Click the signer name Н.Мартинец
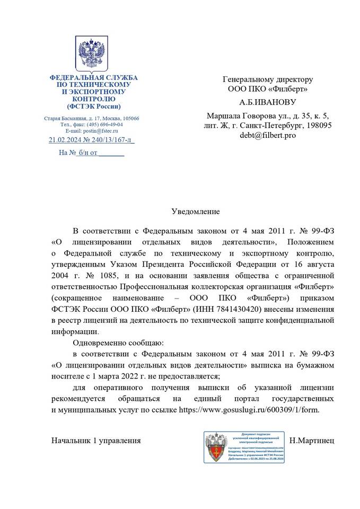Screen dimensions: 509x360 pos(312,441)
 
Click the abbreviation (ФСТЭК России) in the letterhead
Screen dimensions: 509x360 pos(93,106)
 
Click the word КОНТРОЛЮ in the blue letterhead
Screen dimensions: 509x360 pos(93,99)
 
